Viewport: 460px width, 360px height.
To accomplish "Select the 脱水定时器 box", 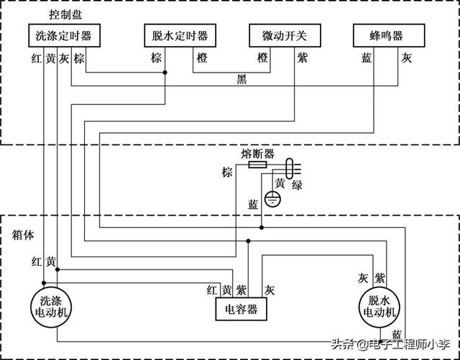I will (x=180, y=36).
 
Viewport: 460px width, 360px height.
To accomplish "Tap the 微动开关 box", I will (x=283, y=36).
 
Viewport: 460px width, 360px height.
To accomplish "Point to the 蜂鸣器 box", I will (x=387, y=36).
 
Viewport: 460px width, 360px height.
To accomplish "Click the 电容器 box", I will (x=241, y=310).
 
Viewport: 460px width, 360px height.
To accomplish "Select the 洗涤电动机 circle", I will (x=55, y=308).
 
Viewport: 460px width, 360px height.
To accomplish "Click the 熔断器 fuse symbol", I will (x=257, y=165).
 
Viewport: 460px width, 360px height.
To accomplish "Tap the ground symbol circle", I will (x=272, y=199).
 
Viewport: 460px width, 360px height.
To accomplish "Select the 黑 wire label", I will (x=241, y=79).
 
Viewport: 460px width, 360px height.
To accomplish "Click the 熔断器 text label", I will (x=258, y=153).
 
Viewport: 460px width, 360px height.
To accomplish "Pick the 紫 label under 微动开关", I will (x=301, y=57).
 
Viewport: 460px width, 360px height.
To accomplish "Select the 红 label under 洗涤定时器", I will (x=36, y=57).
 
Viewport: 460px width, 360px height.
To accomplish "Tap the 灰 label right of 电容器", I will (x=270, y=290).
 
